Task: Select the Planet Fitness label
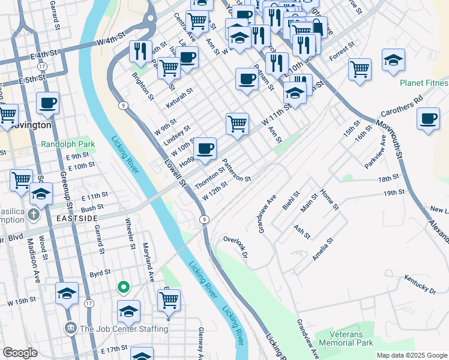[x=424, y=83]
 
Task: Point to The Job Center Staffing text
[x=123, y=328]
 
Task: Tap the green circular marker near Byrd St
[x=122, y=288]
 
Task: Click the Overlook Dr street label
[x=236, y=247]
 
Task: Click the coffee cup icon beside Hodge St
[x=205, y=148]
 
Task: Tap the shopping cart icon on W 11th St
[x=238, y=124]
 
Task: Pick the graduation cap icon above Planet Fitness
[x=393, y=61]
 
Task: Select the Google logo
[x=20, y=353]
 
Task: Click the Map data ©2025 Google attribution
[x=412, y=355]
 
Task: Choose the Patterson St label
[x=237, y=170]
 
